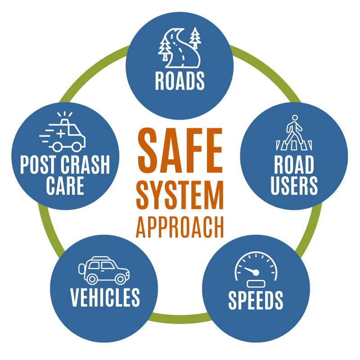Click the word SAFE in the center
click(180, 150)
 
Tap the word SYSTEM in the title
click(180, 195)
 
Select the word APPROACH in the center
click(180, 227)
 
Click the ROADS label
click(180, 81)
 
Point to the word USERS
click(294, 186)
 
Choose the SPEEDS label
click(256, 300)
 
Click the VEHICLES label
click(105, 297)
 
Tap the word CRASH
click(85, 164)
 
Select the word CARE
click(65, 186)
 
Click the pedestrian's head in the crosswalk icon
click(295, 118)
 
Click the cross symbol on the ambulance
click(61, 133)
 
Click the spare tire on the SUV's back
click(81, 269)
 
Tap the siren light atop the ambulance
click(64, 121)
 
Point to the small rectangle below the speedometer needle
click(256, 284)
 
